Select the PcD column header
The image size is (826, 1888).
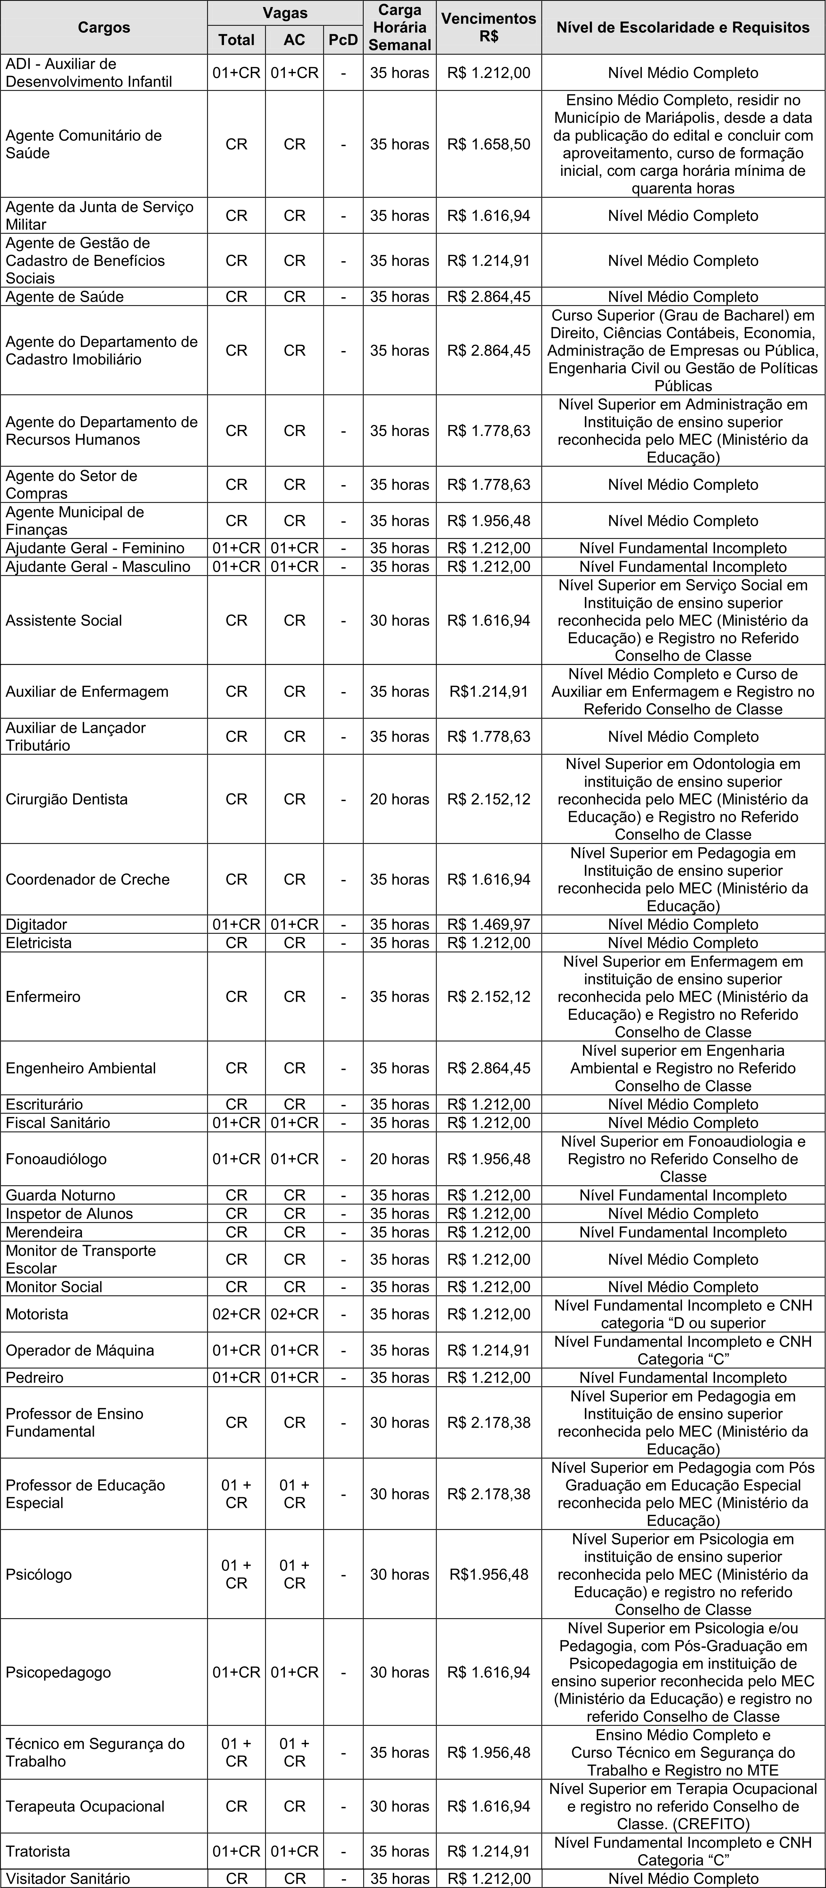pos(343,39)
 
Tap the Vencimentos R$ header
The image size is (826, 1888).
pos(489,27)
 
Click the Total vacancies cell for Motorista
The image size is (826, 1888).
pos(236,1314)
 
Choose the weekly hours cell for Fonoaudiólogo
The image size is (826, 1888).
pos(399,1159)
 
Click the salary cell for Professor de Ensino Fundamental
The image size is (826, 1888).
pos(489,1423)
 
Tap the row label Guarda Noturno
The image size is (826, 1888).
pos(61,1195)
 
